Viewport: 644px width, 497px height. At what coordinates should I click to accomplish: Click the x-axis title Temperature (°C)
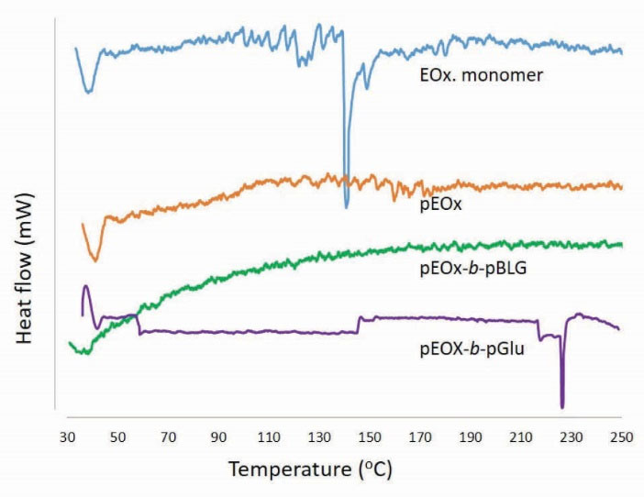pyautogui.click(x=310, y=470)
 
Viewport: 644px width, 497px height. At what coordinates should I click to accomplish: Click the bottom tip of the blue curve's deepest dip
pyautogui.click(x=346, y=207)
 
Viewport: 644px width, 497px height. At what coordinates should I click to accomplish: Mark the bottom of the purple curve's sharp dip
pyautogui.click(x=562, y=407)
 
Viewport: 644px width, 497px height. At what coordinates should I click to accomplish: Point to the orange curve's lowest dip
pyautogui.click(x=94, y=260)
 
